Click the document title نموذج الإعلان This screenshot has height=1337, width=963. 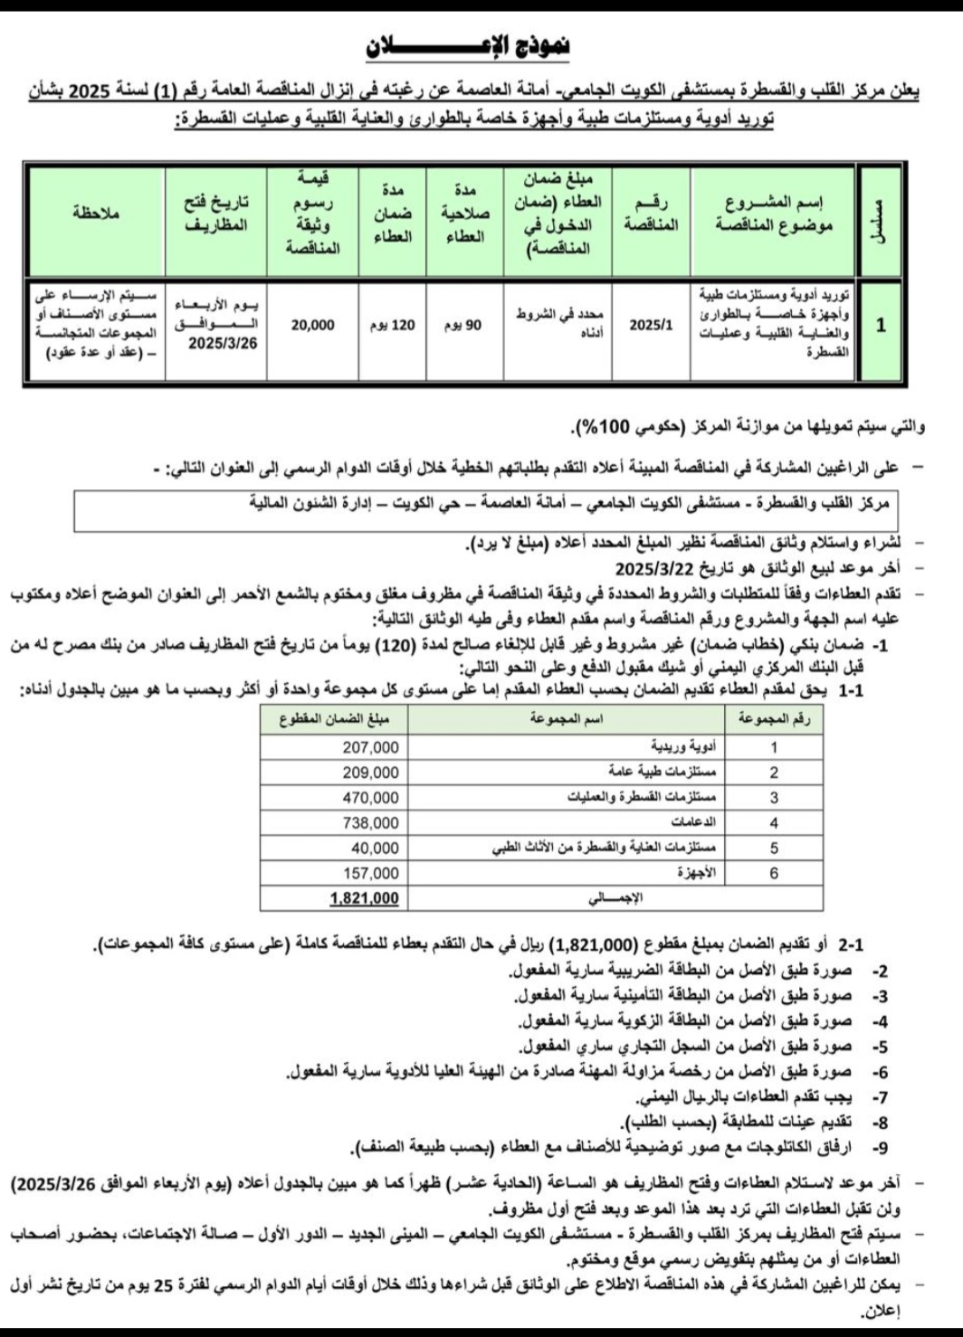tap(467, 48)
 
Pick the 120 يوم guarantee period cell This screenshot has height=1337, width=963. tap(392, 325)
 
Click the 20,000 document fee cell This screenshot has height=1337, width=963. tap(312, 325)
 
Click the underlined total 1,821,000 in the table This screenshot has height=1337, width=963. tap(364, 898)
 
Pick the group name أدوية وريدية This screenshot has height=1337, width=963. tap(683, 747)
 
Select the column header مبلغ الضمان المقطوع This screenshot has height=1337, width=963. tap(334, 720)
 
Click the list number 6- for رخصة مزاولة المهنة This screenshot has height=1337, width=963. tap(879, 1072)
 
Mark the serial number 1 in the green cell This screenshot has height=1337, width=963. tap(881, 325)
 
